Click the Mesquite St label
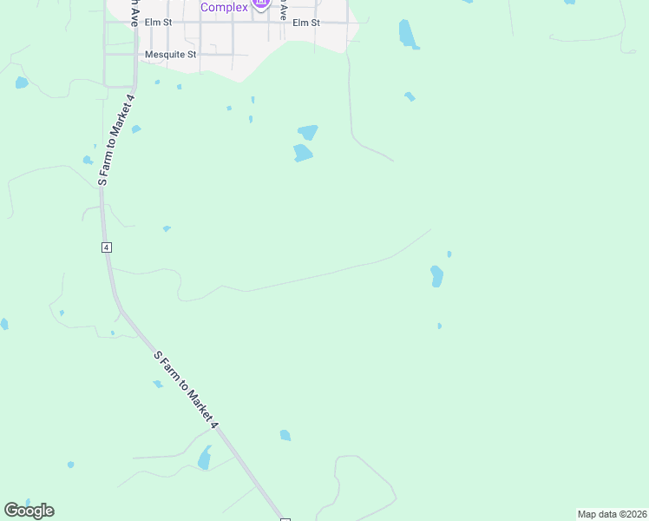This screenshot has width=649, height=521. point(171,54)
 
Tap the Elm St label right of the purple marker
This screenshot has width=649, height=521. point(306,23)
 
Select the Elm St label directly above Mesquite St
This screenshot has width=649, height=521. point(159,23)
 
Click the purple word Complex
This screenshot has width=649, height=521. point(224,7)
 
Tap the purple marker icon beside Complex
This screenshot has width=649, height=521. point(261,5)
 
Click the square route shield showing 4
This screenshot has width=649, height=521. point(106,247)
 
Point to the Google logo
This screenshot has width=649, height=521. point(29,511)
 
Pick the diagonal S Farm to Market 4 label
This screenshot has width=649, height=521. point(187,390)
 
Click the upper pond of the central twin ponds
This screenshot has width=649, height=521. point(307,132)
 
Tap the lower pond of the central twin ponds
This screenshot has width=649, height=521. point(302,154)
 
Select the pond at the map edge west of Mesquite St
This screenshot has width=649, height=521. point(21,82)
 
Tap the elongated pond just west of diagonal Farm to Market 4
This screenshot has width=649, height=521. point(205,458)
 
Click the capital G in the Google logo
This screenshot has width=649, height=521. point(11,510)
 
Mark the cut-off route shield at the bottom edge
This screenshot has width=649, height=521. point(285,518)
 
